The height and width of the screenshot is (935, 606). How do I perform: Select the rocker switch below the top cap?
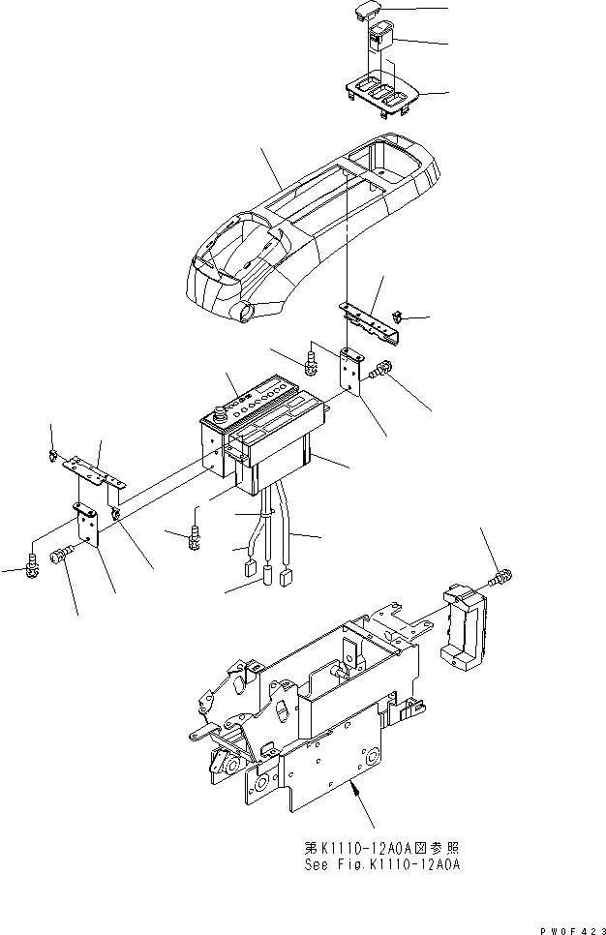pyautogui.click(x=379, y=40)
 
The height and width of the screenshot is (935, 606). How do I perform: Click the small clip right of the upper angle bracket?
pyautogui.click(x=400, y=315)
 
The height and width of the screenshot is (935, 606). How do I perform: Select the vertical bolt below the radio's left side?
pyautogui.click(x=195, y=535)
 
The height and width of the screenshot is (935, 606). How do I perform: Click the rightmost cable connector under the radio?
pyautogui.click(x=287, y=580)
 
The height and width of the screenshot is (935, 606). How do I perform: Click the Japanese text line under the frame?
pyautogui.click(x=379, y=847)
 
